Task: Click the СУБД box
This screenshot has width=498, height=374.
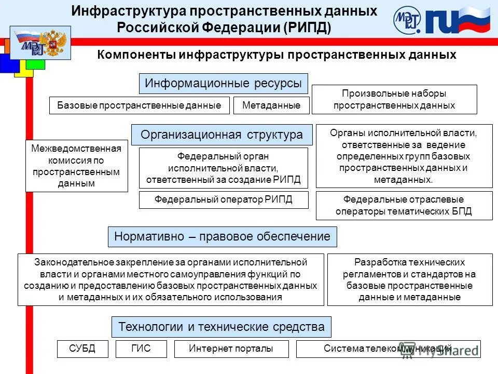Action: pyautogui.click(x=82, y=349)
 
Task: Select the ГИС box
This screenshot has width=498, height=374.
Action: pyautogui.click(x=141, y=349)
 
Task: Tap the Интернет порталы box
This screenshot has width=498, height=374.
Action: pyautogui.click(x=231, y=349)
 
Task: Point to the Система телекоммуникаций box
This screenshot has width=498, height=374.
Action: pyautogui.click(x=388, y=349)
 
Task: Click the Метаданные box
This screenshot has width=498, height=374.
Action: pyautogui.click(x=271, y=105)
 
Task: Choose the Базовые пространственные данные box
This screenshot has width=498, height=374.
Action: pyautogui.click(x=139, y=105)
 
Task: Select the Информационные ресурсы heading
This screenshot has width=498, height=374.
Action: pyautogui.click(x=223, y=83)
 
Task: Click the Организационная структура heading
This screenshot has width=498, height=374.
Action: pyautogui.click(x=222, y=135)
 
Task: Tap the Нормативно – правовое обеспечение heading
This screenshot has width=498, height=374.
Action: pyautogui.click(x=222, y=236)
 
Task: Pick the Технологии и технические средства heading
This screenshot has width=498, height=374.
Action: pyautogui.click(x=222, y=327)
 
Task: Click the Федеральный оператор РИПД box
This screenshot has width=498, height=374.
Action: pyautogui.click(x=224, y=199)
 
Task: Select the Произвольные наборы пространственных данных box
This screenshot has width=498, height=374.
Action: pyautogui.click(x=394, y=99)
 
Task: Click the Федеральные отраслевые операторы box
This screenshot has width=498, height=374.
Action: pyautogui.click(x=404, y=206)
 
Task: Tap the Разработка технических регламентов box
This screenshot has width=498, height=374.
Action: pyautogui.click(x=409, y=279)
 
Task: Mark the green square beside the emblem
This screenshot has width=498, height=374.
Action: pyautogui.click(x=35, y=64)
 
